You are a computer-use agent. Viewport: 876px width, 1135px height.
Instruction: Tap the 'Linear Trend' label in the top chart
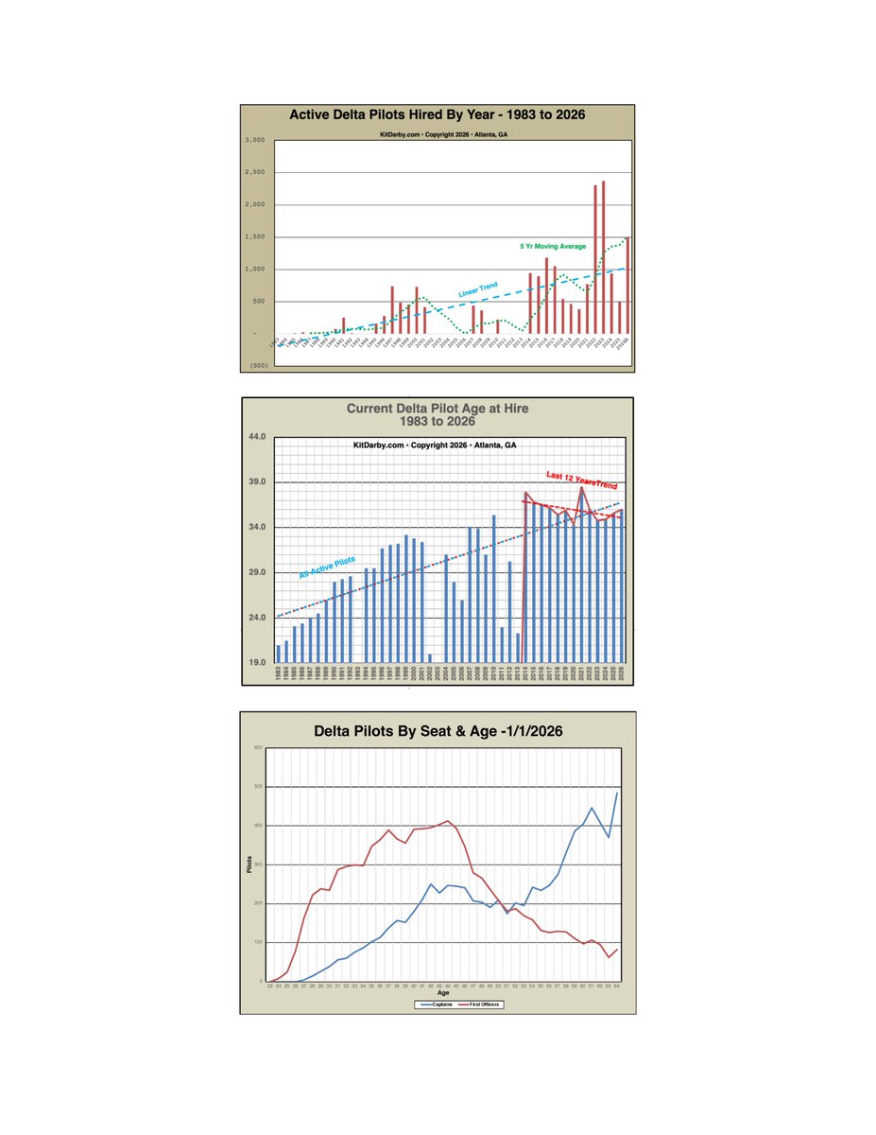[478, 289]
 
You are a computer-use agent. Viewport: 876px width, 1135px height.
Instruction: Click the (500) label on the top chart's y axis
[256, 366]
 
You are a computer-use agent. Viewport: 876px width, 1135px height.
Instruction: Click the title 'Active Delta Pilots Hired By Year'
[437, 115]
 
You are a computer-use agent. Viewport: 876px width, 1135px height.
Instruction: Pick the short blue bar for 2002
[429, 658]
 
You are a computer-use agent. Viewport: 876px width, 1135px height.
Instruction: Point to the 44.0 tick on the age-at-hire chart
[257, 437]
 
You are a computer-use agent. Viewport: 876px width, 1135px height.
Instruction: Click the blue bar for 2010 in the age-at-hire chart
[493, 588]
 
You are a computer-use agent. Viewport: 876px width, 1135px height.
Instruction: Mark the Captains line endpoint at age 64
[618, 793]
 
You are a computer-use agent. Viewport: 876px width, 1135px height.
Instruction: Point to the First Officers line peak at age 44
[447, 821]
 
